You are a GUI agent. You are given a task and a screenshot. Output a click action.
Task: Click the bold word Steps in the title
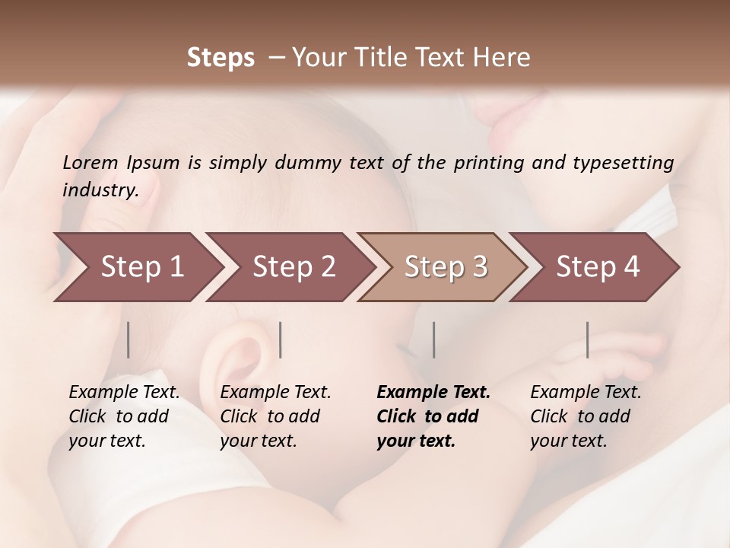tap(221, 58)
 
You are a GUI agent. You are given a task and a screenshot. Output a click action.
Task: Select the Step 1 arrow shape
tap(137, 267)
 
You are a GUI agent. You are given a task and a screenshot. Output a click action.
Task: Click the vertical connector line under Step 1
tap(128, 339)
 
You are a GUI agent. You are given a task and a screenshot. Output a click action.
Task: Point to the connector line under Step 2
tap(281, 339)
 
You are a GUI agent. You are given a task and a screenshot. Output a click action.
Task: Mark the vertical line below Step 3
tap(433, 339)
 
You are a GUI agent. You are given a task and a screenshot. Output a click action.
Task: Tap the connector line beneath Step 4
tap(587, 339)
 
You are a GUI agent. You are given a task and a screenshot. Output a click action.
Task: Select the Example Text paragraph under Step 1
tap(123, 416)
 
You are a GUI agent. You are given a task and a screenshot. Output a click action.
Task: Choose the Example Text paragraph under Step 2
tap(275, 416)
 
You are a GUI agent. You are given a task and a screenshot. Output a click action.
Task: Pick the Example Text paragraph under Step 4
tap(585, 416)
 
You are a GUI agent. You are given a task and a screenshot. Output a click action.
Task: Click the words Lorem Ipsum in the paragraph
tap(121, 163)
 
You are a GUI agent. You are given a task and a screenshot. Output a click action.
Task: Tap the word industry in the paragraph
tap(100, 190)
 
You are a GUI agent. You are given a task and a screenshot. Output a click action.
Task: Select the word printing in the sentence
tap(488, 163)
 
